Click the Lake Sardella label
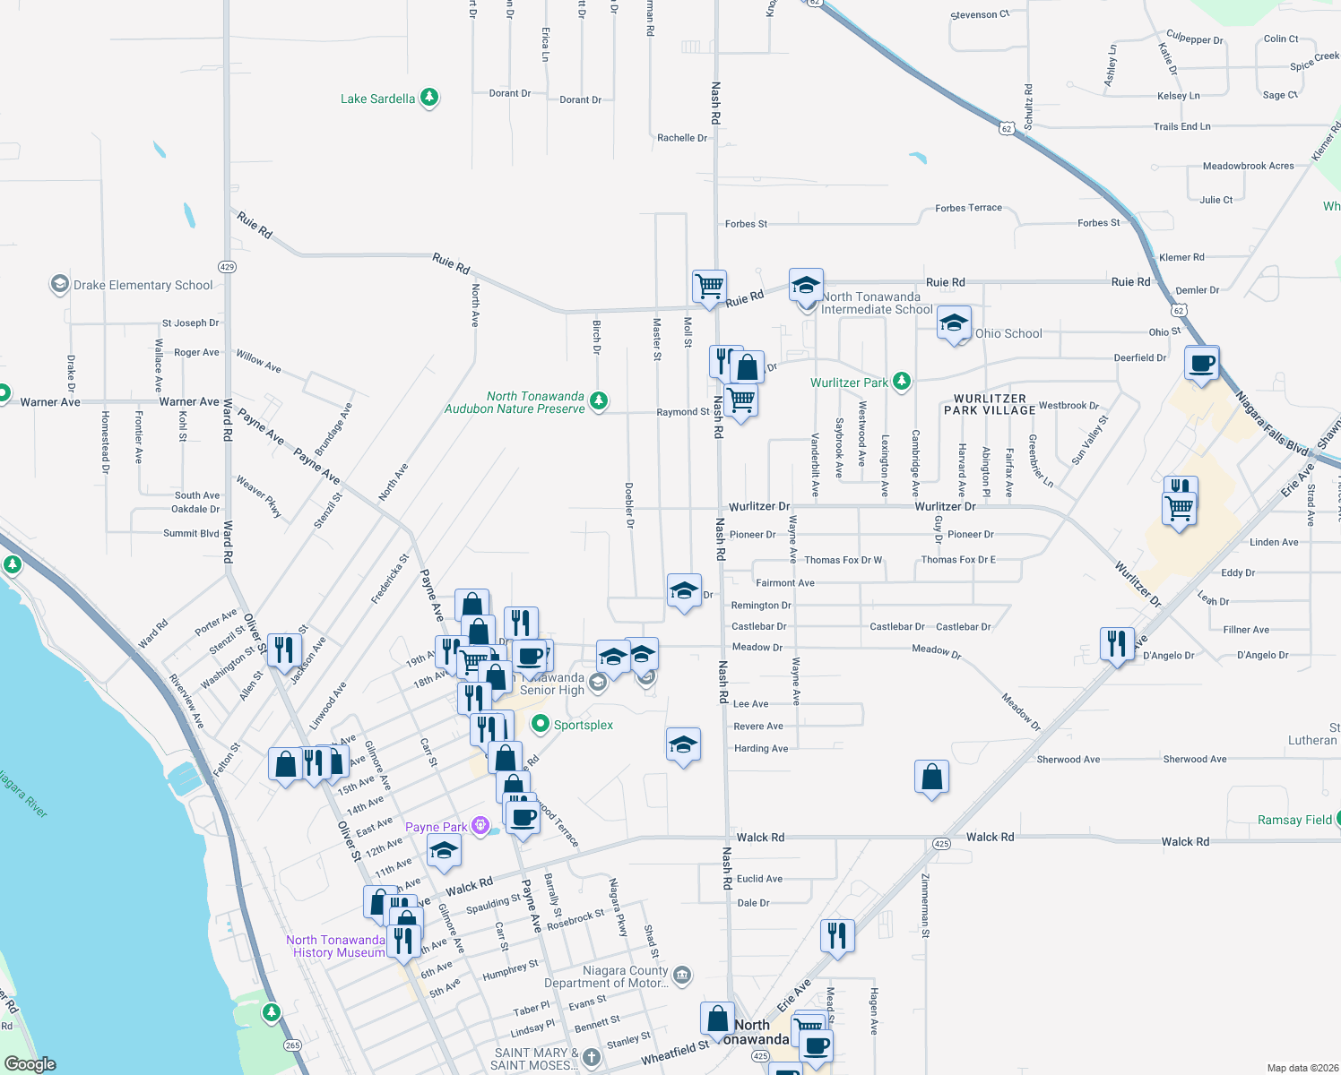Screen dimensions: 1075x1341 click(x=377, y=99)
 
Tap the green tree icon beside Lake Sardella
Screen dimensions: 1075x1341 click(x=429, y=97)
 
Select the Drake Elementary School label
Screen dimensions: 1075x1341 click(x=143, y=285)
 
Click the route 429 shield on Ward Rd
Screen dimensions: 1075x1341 click(x=227, y=267)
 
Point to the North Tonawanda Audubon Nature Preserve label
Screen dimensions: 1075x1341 click(x=515, y=402)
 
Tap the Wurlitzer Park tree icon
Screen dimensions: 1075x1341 click(x=902, y=382)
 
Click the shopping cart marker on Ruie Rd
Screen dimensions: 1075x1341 click(x=709, y=287)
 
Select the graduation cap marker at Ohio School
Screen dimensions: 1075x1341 click(x=954, y=323)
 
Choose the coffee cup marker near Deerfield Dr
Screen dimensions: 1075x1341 click(x=1201, y=364)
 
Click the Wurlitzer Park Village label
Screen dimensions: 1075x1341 click(x=990, y=404)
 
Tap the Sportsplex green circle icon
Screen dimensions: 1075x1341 click(x=541, y=724)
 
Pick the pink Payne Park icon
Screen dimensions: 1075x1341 click(x=481, y=825)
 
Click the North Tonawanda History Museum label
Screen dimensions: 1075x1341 click(x=336, y=946)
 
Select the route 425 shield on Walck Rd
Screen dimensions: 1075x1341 click(x=941, y=844)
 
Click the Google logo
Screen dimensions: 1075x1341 click(x=30, y=1064)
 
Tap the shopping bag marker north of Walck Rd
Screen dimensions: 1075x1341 click(x=931, y=777)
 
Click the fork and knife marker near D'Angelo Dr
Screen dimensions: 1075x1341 click(x=1116, y=644)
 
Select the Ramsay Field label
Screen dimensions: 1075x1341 click(x=1294, y=820)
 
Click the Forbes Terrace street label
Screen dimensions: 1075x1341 click(x=968, y=208)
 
